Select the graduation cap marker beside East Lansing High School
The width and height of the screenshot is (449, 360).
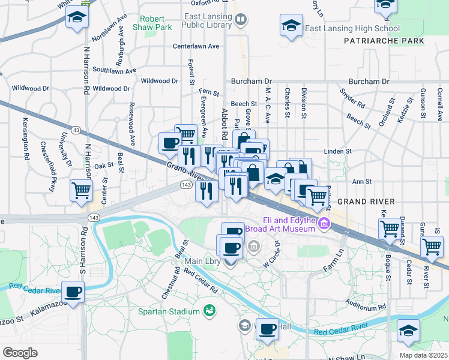point(291,26)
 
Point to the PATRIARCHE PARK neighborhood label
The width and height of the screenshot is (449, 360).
point(384,41)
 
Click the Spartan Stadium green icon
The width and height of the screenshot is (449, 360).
point(209,311)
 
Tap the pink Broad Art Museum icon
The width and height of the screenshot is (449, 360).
point(324,224)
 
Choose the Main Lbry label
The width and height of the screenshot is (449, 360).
point(202,261)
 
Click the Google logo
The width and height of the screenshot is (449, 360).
point(20,352)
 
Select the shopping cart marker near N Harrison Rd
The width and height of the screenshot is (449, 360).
point(81,190)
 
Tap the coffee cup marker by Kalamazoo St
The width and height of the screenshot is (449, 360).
point(73,292)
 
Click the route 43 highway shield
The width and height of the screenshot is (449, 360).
point(76,130)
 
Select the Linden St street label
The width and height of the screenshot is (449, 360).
point(337,151)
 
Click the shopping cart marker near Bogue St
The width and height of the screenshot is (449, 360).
point(390,228)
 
